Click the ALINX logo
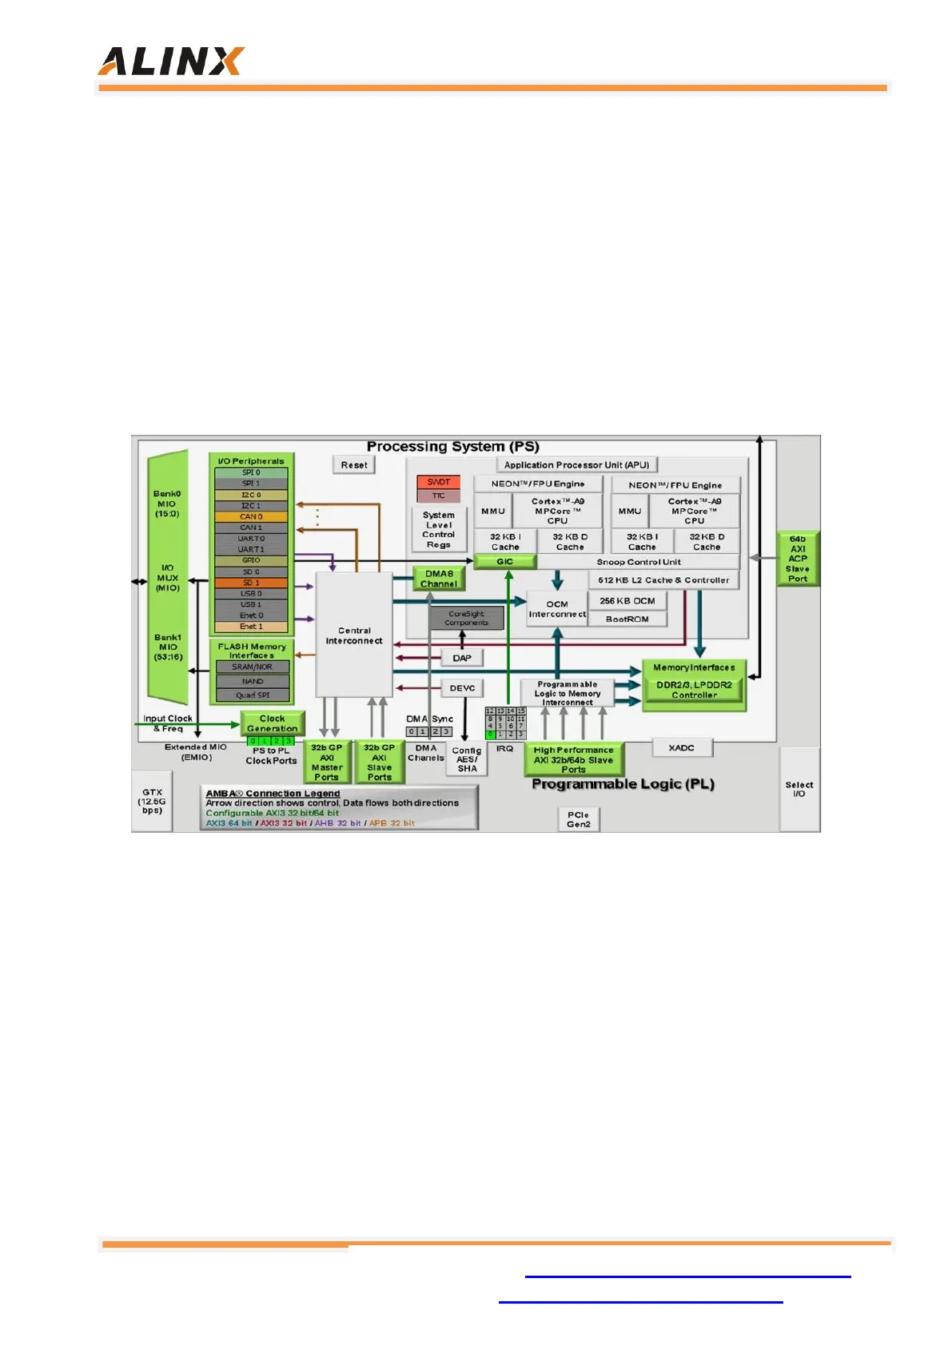click(x=170, y=62)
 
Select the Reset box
click(x=354, y=465)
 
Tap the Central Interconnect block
click(x=354, y=635)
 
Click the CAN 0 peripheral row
click(x=251, y=516)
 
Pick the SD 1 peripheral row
click(x=251, y=583)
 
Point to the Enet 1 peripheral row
click(x=251, y=627)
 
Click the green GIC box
click(x=505, y=562)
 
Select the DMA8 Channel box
click(x=439, y=579)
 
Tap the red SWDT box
click(x=438, y=482)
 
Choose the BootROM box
click(x=627, y=619)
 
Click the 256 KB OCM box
click(x=627, y=601)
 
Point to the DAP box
click(x=462, y=659)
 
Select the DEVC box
click(x=462, y=688)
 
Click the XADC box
click(x=681, y=748)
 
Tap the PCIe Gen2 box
click(x=578, y=819)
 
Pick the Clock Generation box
click(x=272, y=723)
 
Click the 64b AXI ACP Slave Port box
click(x=798, y=559)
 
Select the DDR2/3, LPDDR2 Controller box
click(x=694, y=690)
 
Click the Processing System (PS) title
click(x=452, y=447)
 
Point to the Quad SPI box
click(x=253, y=695)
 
